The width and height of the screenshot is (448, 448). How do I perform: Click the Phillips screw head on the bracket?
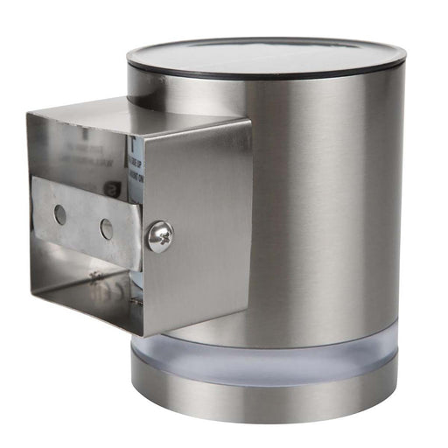pyautogui.click(x=159, y=235)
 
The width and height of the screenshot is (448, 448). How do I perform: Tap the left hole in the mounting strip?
pyautogui.click(x=59, y=213)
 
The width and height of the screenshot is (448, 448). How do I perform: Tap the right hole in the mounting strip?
pyautogui.click(x=106, y=229)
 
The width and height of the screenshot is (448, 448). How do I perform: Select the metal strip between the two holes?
pyautogui.click(x=82, y=221)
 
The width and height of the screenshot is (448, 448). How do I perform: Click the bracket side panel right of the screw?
pyautogui.click(x=206, y=227)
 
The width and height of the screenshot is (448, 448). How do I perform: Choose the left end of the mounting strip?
pyautogui.click(x=37, y=206)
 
